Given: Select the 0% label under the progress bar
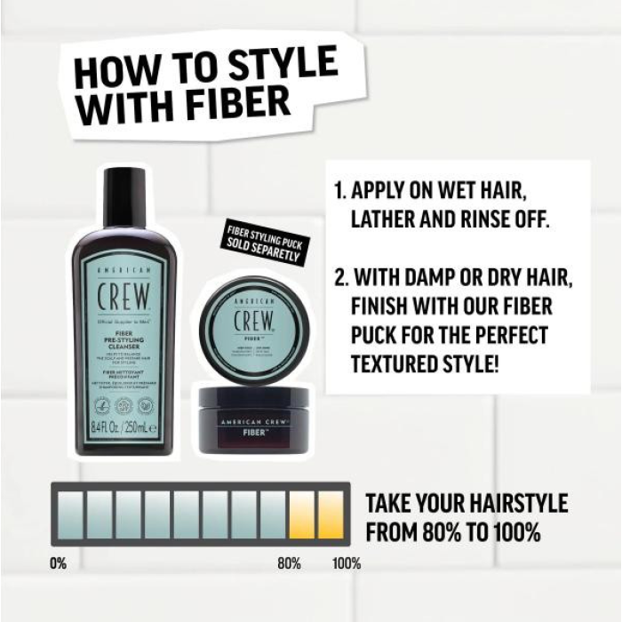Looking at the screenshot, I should [59, 562].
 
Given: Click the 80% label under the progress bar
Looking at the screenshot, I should [289, 562].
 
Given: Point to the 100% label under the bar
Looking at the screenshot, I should [346, 562].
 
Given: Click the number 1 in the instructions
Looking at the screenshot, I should [339, 191].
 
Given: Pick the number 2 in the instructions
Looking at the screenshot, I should [339, 278].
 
